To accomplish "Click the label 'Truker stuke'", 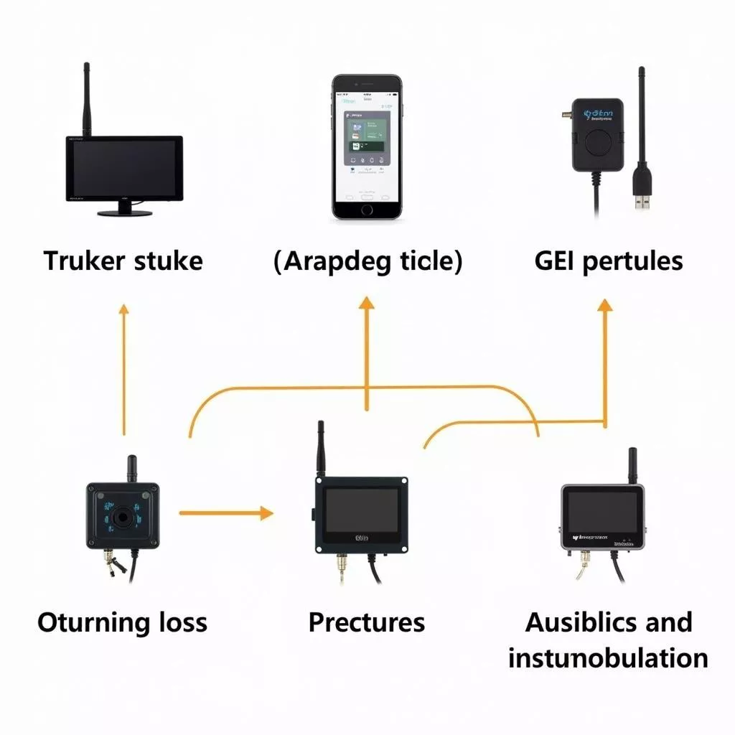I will point(123,261).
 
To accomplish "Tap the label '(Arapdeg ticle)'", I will point(367,261).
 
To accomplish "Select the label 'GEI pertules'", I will point(609,261).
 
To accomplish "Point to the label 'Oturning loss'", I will point(122,622).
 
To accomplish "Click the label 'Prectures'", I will point(367,622).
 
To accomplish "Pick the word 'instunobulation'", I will point(608,657).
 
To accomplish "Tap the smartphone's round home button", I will point(367,210).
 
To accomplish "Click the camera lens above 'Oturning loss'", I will point(123,515).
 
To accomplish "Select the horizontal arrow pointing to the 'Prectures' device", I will point(225,512).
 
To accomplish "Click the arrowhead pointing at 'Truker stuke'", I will point(123,310).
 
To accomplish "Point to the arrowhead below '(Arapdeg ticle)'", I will point(367,303).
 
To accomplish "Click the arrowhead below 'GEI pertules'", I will point(605,306).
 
